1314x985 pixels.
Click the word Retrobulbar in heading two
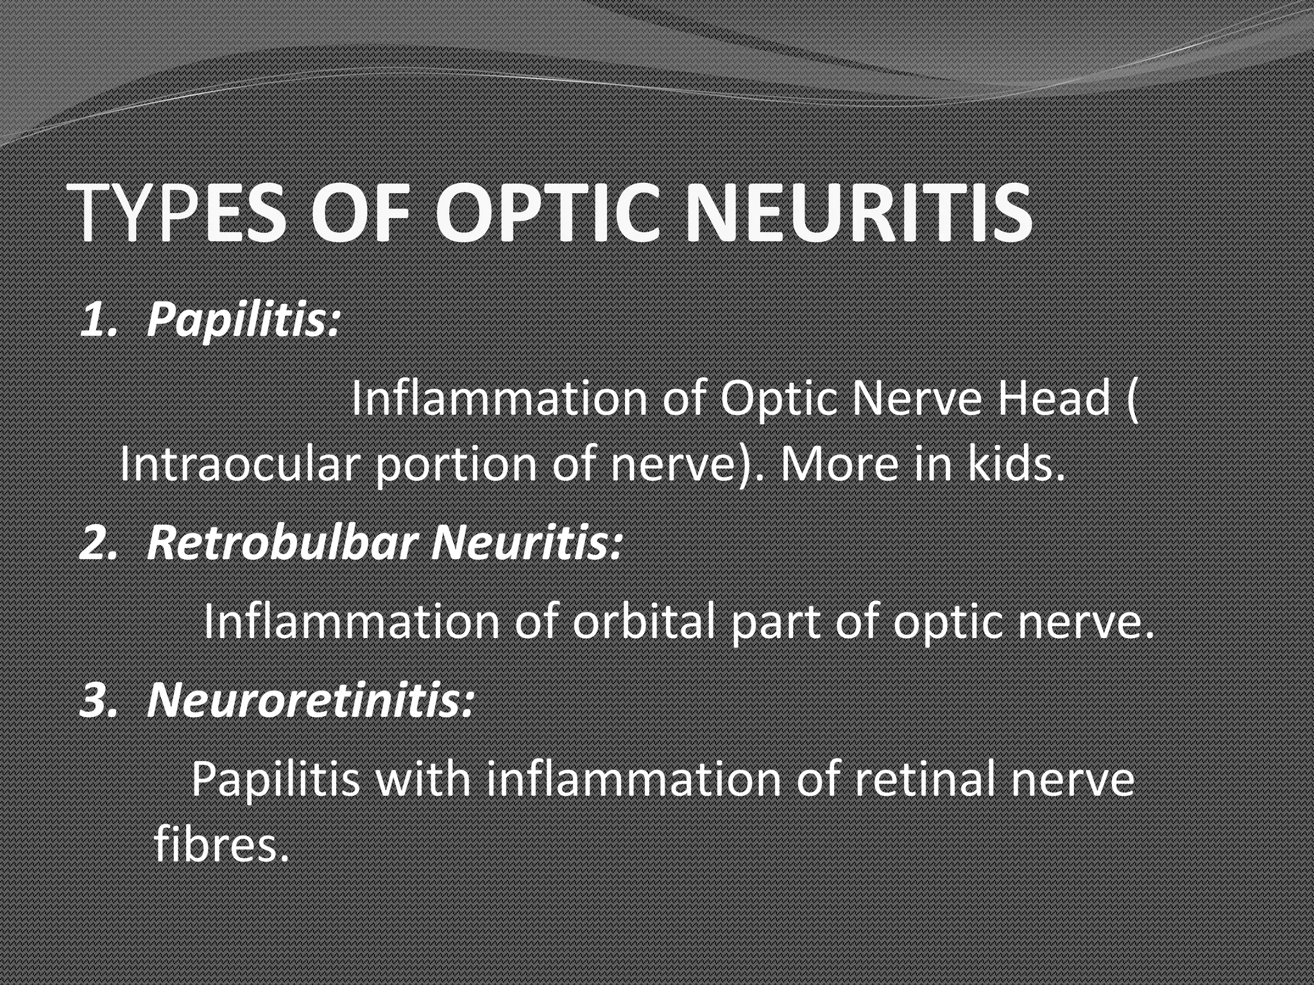282,542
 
